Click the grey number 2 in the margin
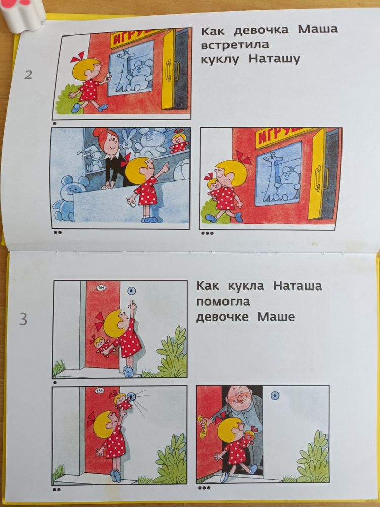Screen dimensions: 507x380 pos(28,75)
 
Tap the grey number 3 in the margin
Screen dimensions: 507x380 pos(23,320)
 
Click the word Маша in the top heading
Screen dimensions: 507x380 pos(317,29)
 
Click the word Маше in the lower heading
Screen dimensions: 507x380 pos(276,317)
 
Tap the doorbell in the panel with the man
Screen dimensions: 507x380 pos(275,395)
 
